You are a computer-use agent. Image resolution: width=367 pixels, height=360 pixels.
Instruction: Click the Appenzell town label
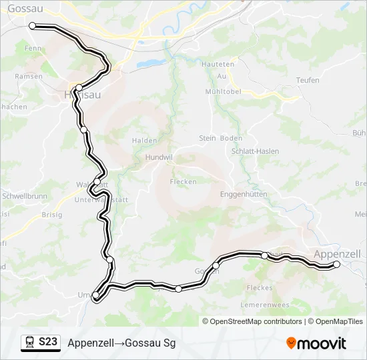pyautogui.click(x=336, y=253)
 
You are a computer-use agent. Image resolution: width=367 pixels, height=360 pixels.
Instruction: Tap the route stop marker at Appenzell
pyautogui.click(x=336, y=265)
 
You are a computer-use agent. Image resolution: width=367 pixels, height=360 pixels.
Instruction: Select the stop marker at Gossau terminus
pyautogui.click(x=32, y=25)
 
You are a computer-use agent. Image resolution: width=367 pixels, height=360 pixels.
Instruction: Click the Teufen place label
pyautogui.click(x=308, y=80)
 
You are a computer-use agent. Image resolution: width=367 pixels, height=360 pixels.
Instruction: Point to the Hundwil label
pyautogui.click(x=158, y=158)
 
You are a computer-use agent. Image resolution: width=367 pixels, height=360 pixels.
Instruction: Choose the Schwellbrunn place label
pyautogui.click(x=24, y=197)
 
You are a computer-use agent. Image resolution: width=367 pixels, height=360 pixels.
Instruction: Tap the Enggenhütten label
pyautogui.click(x=244, y=194)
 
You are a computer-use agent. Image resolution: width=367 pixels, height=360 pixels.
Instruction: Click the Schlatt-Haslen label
pyautogui.click(x=255, y=151)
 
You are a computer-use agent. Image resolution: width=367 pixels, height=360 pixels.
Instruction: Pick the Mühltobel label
pyautogui.click(x=222, y=91)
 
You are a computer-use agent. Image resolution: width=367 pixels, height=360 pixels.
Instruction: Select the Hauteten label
pyautogui.click(x=221, y=65)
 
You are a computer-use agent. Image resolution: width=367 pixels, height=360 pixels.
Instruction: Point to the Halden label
pyautogui.click(x=145, y=141)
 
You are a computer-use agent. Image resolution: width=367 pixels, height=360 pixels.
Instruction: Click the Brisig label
pyautogui.click(x=51, y=215)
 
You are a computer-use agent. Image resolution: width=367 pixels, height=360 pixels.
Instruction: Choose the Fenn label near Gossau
pyautogui.click(x=33, y=49)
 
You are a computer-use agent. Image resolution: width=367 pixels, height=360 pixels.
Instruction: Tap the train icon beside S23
pyautogui.click(x=30, y=342)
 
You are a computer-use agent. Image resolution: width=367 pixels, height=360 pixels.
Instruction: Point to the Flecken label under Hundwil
pyautogui.click(x=183, y=181)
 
